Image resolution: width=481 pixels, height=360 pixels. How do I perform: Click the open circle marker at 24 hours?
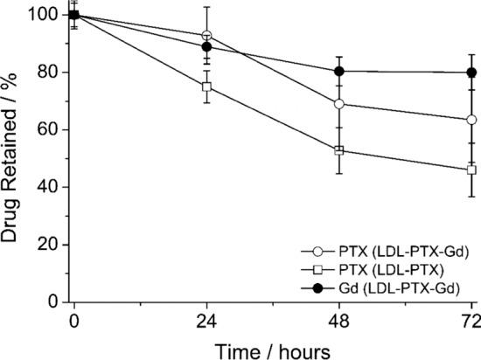(206, 36)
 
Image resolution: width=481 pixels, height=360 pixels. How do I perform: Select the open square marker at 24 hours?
(206, 87)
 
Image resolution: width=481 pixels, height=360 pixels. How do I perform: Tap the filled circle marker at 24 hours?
(206, 47)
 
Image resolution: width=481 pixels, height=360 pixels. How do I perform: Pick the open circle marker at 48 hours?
(339, 104)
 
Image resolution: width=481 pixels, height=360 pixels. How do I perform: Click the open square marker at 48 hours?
(339, 150)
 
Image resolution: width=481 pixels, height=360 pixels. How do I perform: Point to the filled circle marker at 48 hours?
(339, 72)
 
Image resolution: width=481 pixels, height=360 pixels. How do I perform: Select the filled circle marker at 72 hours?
(471, 73)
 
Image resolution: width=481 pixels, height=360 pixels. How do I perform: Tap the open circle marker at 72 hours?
(471, 120)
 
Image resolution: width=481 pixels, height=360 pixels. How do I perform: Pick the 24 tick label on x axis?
(206, 318)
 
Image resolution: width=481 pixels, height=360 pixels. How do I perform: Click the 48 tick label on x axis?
(339, 318)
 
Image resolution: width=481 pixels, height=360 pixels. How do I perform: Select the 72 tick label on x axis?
(471, 318)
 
